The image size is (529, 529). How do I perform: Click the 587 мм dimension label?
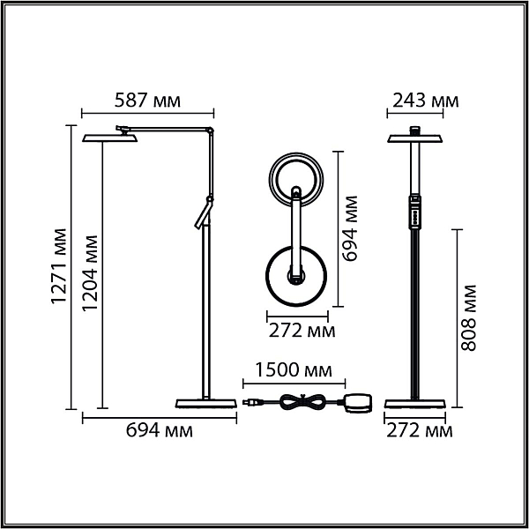point(147,101)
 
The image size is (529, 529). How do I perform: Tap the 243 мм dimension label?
point(426,101)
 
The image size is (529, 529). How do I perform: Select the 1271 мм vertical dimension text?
point(59,266)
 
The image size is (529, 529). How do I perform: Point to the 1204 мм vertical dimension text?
point(90,273)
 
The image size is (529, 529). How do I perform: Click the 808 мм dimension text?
point(468,317)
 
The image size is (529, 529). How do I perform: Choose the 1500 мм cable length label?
point(294,369)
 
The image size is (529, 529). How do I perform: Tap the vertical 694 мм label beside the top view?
point(349,228)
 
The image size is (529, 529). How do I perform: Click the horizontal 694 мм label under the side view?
point(160,430)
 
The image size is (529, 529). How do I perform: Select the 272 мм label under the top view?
point(302,331)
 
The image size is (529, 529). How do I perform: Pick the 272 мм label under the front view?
point(419,430)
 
